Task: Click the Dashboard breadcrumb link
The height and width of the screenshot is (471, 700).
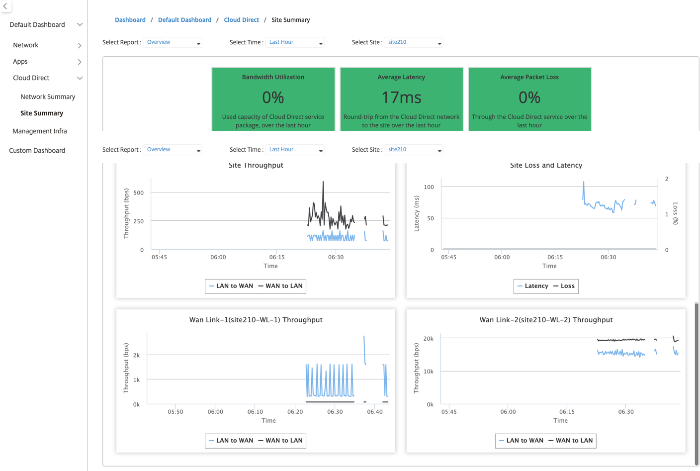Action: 130,20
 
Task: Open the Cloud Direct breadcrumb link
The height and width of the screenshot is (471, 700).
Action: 241,20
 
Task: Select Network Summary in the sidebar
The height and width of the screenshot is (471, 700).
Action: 48,96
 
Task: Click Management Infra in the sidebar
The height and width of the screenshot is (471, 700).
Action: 40,131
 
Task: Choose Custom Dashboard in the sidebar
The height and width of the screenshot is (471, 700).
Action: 37,150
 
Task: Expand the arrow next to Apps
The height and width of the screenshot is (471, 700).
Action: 80,62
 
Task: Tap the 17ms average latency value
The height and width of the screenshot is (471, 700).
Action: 401,97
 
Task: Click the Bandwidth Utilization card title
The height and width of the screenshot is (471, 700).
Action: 273,77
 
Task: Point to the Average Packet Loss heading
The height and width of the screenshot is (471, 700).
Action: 529,77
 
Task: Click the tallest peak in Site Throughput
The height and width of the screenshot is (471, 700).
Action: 323,182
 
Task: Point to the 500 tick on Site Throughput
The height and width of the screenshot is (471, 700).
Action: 138,192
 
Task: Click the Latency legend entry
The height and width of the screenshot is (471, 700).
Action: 533,285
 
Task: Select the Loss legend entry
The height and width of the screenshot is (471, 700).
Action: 564,285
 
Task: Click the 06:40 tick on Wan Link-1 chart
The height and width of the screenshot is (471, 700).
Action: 375,412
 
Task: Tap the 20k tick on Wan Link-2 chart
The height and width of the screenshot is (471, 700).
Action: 429,339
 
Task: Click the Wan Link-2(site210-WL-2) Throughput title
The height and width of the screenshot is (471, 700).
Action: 546,320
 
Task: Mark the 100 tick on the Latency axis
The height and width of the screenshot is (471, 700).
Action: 429,187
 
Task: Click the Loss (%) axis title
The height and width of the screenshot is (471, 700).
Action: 675,213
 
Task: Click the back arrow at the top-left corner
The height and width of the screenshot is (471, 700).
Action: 5,6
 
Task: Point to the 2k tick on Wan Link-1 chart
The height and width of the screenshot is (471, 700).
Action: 137,355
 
